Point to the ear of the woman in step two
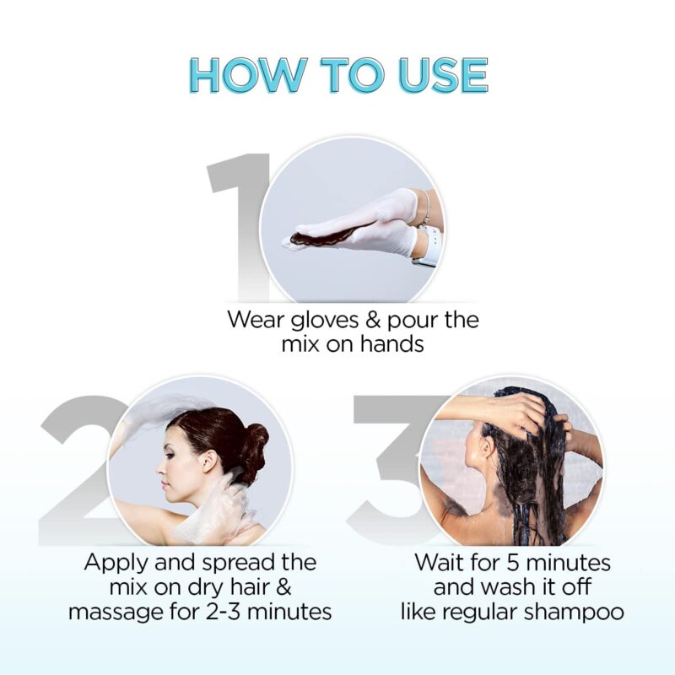[x=208, y=463]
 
